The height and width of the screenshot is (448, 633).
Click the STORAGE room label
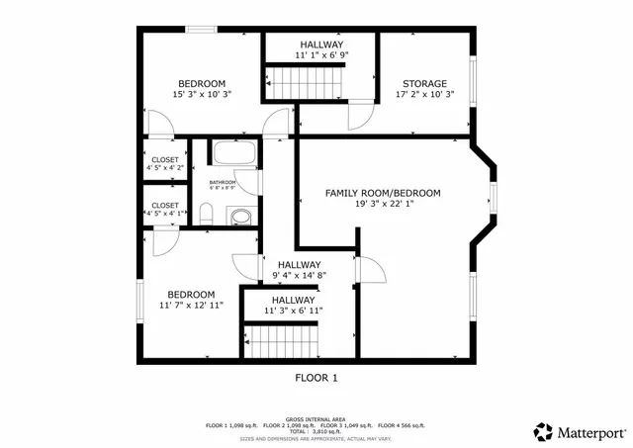424,84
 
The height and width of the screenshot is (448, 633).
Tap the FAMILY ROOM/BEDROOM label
383,193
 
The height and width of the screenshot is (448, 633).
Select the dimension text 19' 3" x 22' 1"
383,205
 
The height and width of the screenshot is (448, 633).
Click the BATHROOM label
223,182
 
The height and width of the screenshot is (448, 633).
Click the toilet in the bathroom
207,214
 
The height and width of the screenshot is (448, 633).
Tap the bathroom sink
240,216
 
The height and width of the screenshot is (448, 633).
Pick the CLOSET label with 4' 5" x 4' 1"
164,206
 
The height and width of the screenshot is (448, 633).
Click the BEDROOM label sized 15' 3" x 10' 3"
202,83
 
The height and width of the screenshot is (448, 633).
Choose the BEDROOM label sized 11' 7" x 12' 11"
190,294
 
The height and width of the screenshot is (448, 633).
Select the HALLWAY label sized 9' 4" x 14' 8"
299,264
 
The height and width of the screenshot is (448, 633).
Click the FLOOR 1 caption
316,378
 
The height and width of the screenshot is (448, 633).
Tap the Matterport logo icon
543,432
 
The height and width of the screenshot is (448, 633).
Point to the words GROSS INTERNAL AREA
316,418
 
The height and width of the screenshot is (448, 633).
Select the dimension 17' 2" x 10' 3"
424,96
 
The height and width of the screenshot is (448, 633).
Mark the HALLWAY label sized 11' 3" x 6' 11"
294,300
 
